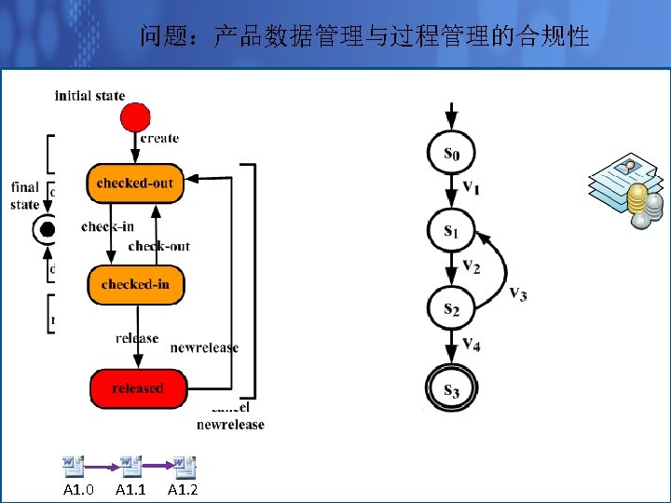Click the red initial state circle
click(135, 116)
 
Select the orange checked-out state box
click(135, 184)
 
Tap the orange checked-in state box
click(135, 284)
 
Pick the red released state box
click(138, 388)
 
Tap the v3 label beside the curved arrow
click(518, 294)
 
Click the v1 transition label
click(472, 189)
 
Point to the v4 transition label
click(472, 347)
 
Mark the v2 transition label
click(472, 268)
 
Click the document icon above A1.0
click(74, 466)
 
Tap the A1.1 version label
click(130, 490)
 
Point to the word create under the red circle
click(159, 139)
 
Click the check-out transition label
click(158, 247)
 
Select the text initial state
click(89, 95)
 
